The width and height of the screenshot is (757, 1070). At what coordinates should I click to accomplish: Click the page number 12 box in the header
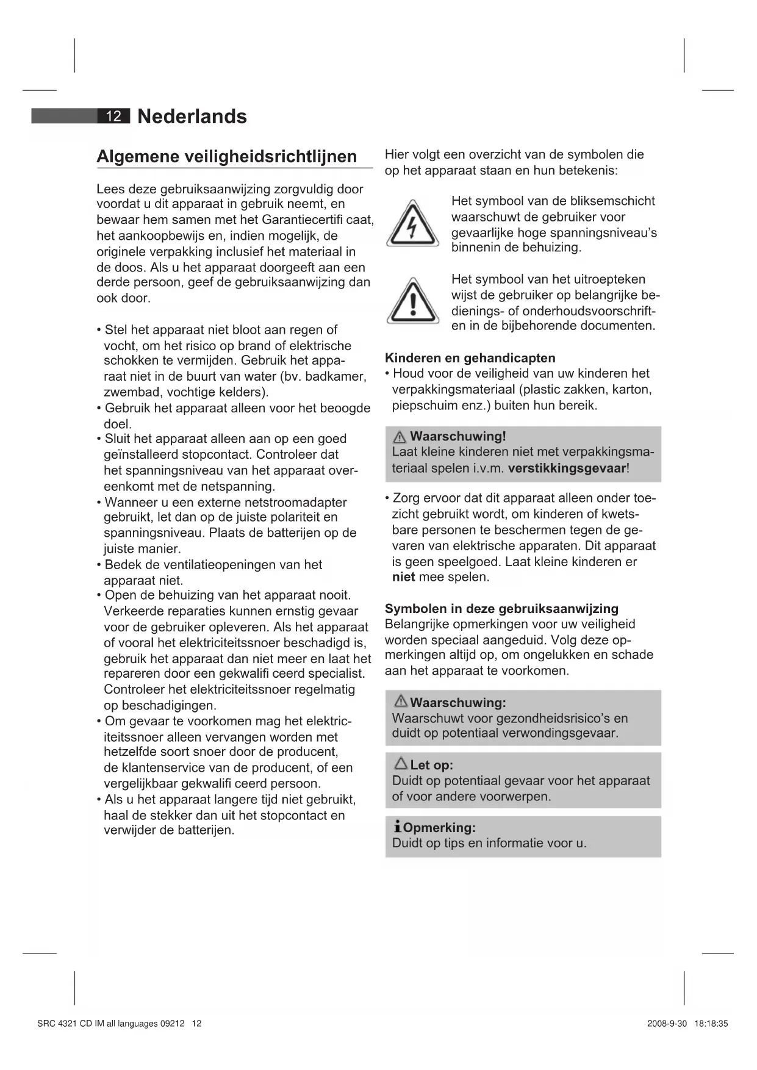pos(114,116)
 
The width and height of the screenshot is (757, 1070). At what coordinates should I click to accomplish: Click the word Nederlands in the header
pos(192,117)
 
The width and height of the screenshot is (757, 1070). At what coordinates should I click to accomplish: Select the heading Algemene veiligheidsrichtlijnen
pos(227,157)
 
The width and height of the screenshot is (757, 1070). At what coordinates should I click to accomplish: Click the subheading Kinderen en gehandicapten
pos(470,358)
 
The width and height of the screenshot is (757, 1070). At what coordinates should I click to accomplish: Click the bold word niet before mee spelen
pos(403,577)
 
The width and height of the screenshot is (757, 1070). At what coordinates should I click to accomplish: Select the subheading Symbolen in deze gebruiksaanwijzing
pos(501,609)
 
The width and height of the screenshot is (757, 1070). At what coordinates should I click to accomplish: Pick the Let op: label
pos(431,765)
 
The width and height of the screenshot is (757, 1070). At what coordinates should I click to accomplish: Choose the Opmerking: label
pos(439,828)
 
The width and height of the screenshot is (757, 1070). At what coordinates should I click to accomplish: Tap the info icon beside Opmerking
pos(397,828)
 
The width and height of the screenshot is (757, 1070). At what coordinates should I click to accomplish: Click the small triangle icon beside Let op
pos(401,764)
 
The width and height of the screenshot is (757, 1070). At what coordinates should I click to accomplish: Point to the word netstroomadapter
pos(295,503)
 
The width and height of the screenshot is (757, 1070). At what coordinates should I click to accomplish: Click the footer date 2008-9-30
pos(667,1024)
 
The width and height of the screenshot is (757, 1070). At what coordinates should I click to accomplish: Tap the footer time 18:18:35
pos(711,1024)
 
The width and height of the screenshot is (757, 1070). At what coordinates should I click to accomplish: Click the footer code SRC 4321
pos(54,1024)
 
